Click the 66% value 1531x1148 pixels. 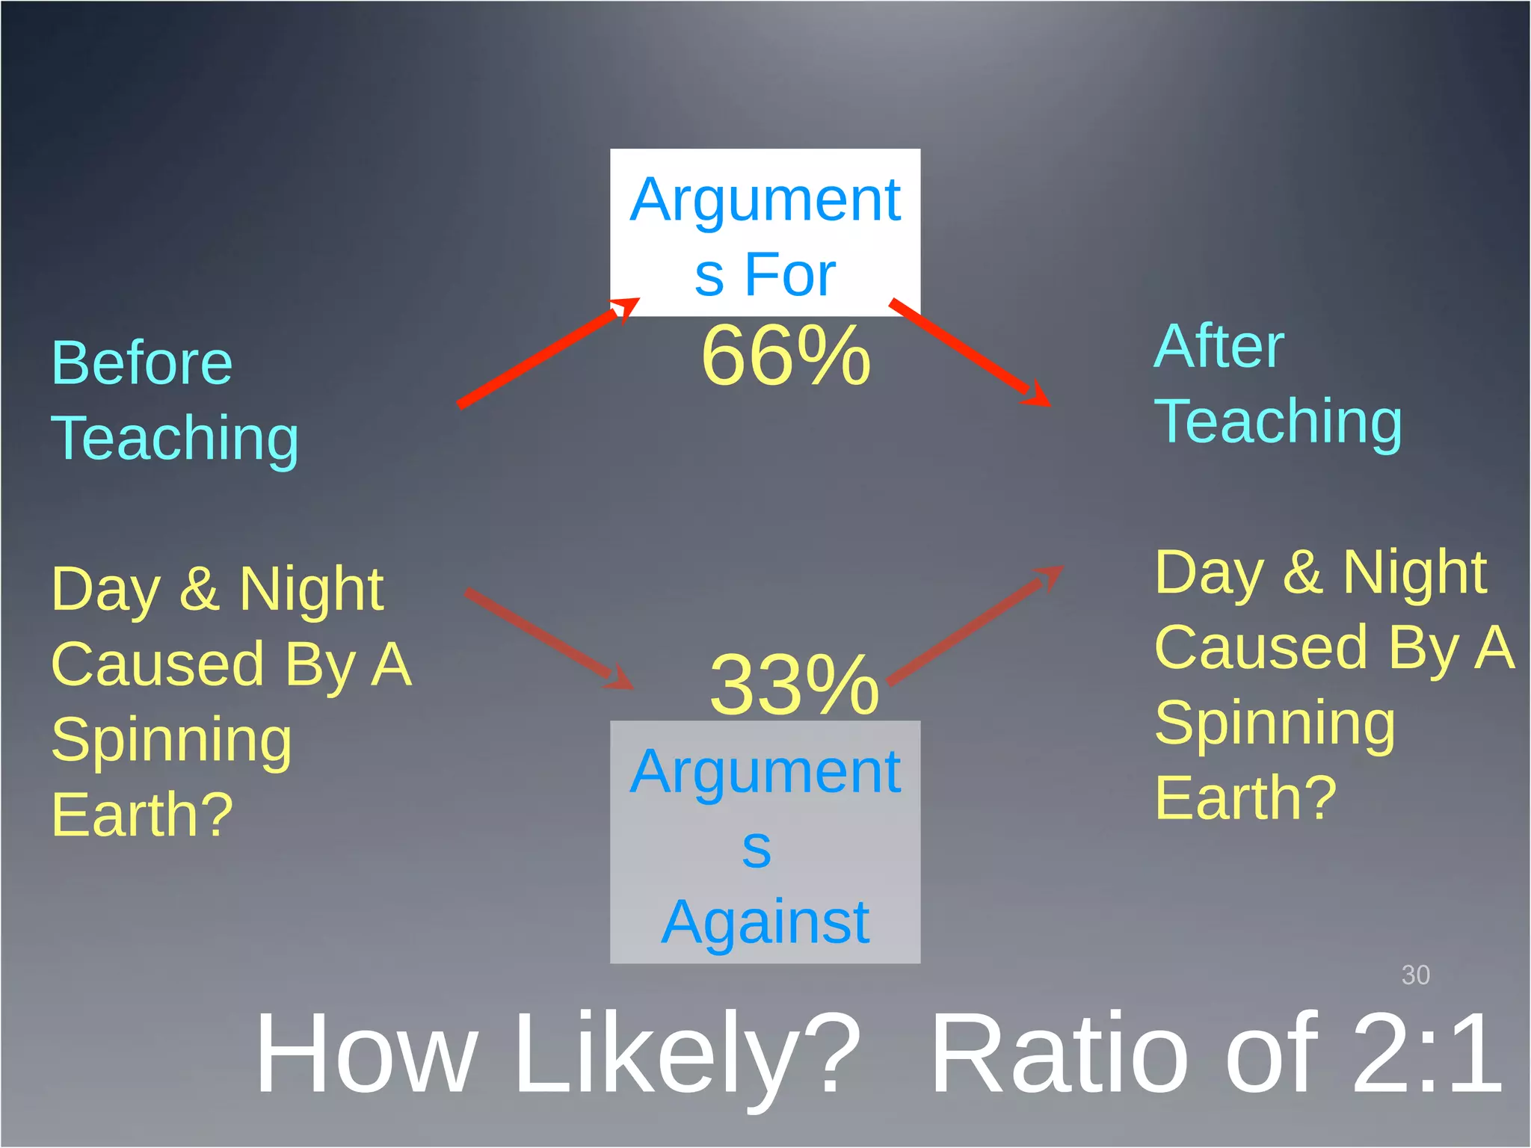[786, 356]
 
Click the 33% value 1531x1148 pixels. [794, 685]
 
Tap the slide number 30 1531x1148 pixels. [1415, 975]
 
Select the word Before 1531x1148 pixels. [142, 363]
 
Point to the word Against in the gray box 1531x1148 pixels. [765, 923]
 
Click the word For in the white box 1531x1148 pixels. [789, 275]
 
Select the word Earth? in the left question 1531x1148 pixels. [142, 815]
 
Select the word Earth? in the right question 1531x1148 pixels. [1245, 798]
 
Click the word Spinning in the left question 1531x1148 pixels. [171, 740]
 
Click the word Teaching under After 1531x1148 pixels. [1278, 422]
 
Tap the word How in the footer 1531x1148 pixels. [366, 1054]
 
